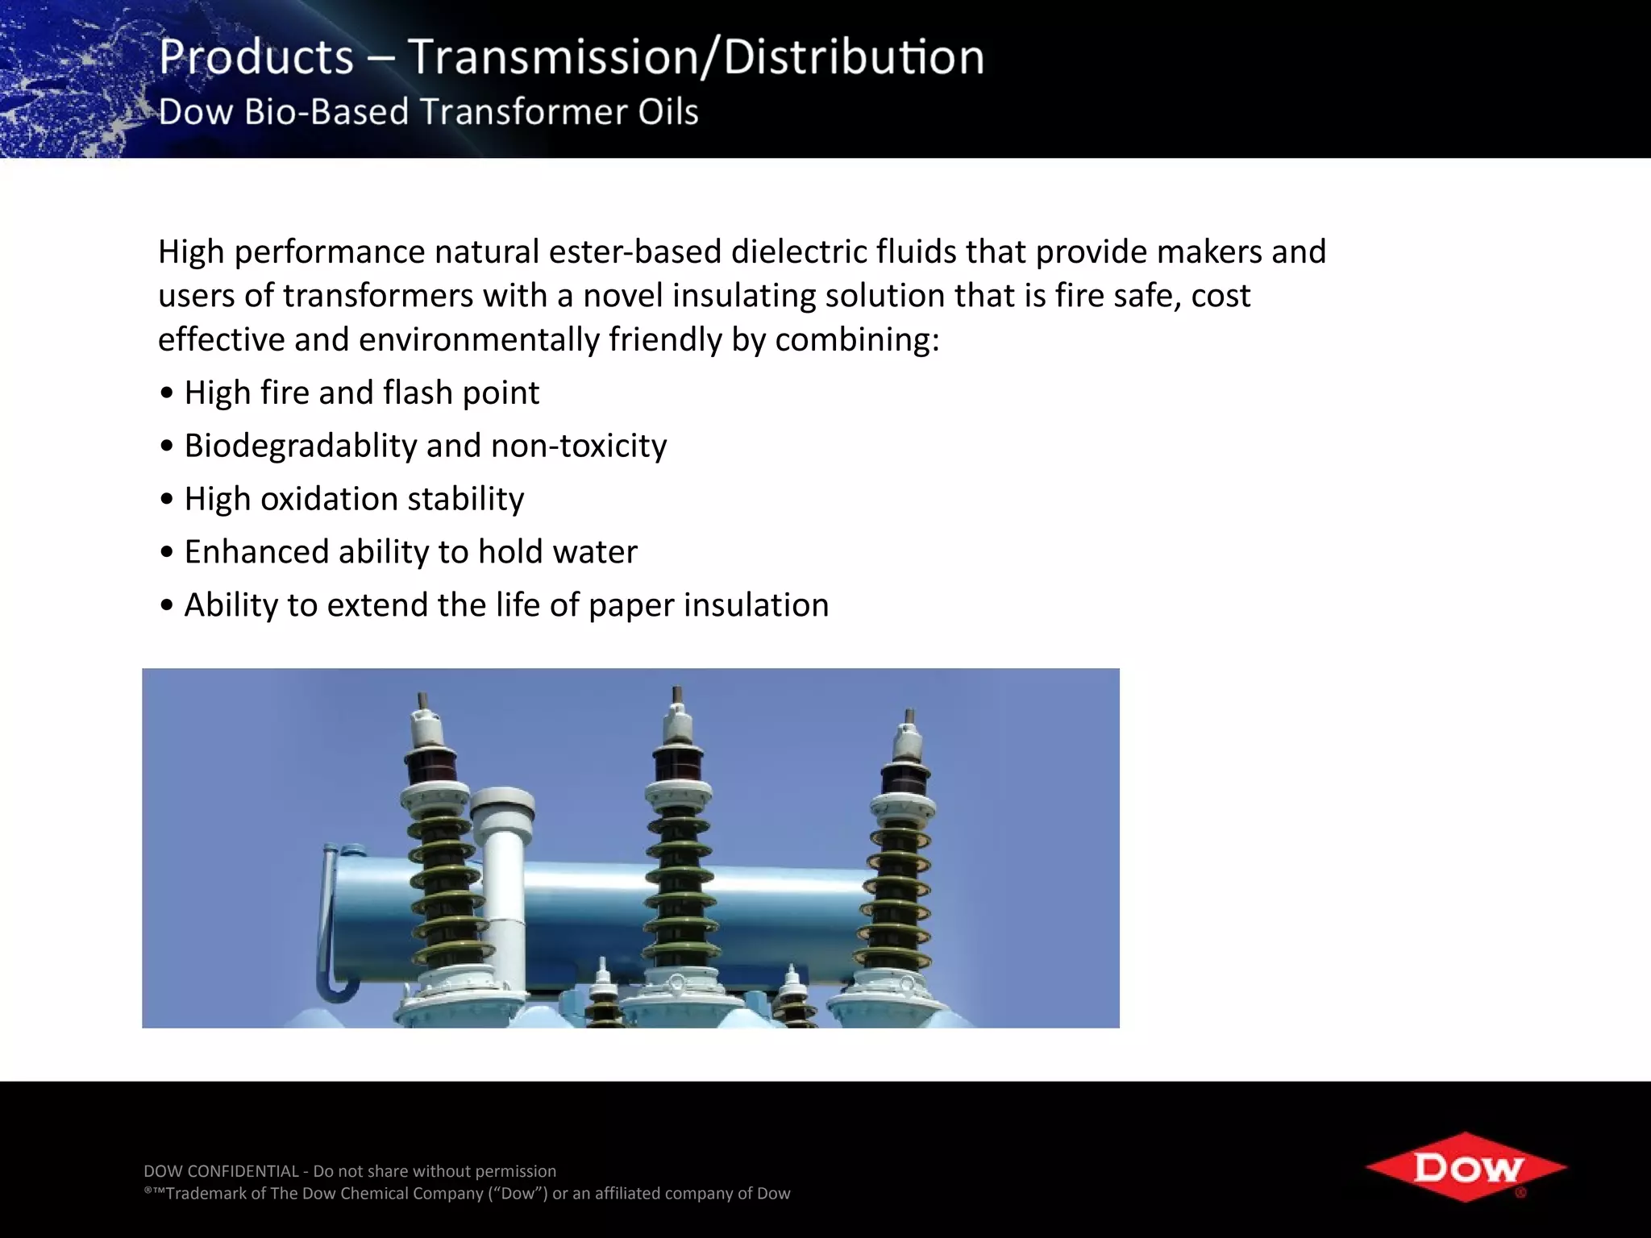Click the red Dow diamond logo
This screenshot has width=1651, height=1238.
[1466, 1167]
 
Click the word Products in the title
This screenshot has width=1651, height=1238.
[256, 58]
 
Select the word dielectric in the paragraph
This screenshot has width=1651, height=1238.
[798, 251]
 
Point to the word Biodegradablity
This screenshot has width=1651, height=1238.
[300, 446]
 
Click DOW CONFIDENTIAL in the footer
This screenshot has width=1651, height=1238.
[221, 1171]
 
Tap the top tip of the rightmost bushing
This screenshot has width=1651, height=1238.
[909, 716]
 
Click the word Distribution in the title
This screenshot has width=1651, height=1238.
[853, 58]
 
